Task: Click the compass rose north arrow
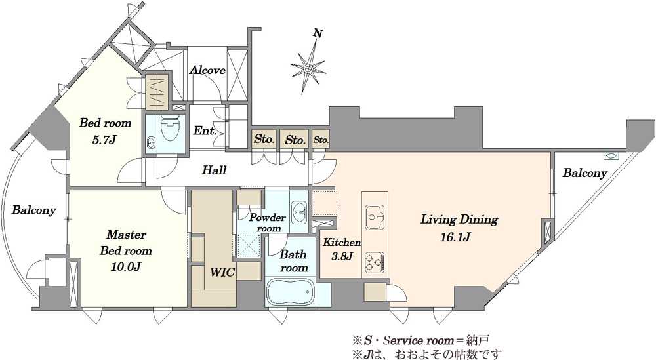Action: point(308,68)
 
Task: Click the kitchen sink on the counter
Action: point(375,216)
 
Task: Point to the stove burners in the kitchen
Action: point(375,262)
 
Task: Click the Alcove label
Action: point(207,70)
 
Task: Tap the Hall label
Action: point(215,170)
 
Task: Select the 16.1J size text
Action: point(456,237)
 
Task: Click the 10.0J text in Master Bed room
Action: point(125,266)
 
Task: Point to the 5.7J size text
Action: point(104,139)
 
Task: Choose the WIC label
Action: point(222,273)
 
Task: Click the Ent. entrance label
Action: point(205,131)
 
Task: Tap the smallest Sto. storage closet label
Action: point(321,140)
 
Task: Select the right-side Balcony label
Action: point(584,172)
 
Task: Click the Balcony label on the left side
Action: point(33,209)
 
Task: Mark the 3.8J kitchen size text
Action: point(341,256)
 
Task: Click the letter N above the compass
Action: point(318,33)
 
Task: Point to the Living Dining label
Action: point(459,220)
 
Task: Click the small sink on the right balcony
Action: point(609,156)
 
